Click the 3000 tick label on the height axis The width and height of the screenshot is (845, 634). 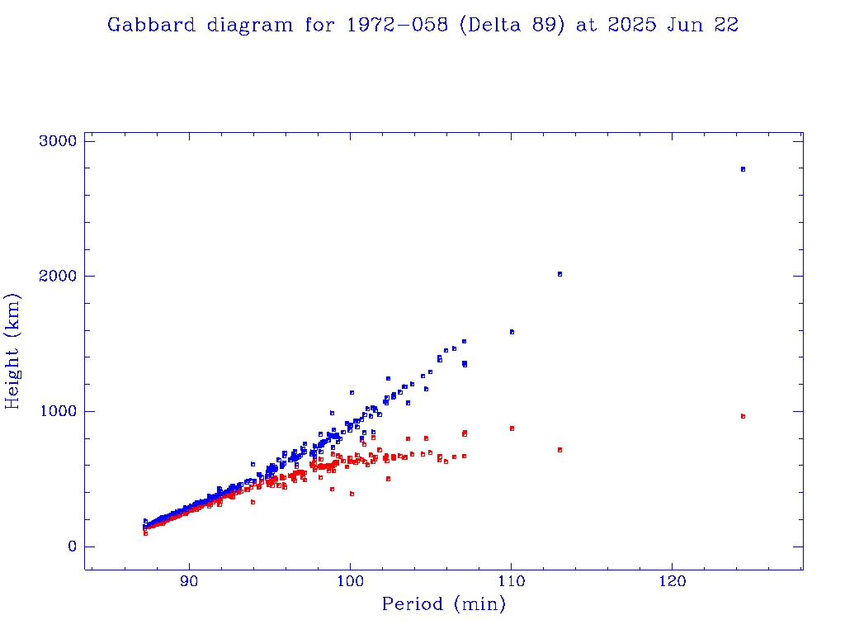point(58,141)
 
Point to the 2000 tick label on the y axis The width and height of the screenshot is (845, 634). point(58,276)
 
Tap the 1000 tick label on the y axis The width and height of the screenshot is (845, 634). point(58,411)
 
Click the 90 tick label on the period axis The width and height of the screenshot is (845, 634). point(190,581)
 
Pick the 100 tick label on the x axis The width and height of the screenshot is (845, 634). point(350,581)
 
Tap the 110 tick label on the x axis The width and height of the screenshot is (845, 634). point(511,581)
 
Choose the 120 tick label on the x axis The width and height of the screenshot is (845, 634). point(672,581)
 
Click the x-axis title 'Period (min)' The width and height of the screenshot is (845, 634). point(444,605)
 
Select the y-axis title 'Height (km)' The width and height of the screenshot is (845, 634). point(13,350)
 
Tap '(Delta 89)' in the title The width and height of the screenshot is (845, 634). point(512,26)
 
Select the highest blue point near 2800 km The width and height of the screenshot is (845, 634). point(743,169)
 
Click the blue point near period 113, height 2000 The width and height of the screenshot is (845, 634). point(559,274)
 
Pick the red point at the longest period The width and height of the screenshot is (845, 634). point(743,416)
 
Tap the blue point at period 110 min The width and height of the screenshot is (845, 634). point(512,332)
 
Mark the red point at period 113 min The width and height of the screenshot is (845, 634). point(559,450)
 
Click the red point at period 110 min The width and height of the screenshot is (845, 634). point(512,428)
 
